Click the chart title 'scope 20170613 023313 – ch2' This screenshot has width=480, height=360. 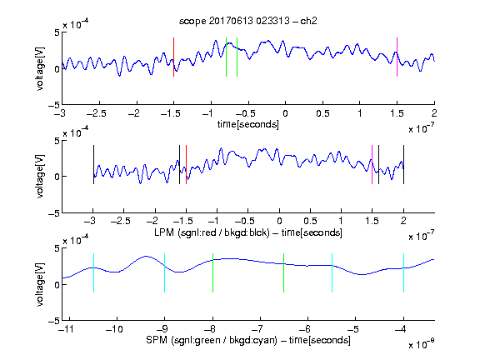(x=247, y=21)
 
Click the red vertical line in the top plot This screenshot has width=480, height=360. (x=173, y=57)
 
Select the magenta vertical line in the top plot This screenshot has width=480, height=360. (x=397, y=57)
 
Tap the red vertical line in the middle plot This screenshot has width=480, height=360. (x=186, y=165)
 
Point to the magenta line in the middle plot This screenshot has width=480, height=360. (x=372, y=165)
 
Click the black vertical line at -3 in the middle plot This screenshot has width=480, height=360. (x=93, y=165)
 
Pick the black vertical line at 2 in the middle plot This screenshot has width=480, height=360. (x=404, y=165)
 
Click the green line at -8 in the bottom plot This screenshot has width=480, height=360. (x=212, y=272)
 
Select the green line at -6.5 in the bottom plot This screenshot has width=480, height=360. (x=284, y=272)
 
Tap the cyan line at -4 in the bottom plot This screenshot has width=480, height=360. (x=404, y=272)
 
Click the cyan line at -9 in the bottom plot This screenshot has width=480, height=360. (x=164, y=272)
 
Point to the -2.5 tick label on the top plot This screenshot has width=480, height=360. (x=97, y=114)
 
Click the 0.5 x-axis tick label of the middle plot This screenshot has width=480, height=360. (x=310, y=221)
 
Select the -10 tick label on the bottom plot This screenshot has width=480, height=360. (x=114, y=329)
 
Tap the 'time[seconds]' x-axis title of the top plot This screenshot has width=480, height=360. (x=248, y=124)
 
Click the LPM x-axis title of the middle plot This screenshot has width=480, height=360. (x=248, y=232)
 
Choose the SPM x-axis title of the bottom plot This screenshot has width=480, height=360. (x=248, y=340)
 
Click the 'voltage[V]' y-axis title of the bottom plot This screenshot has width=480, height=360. (x=40, y=284)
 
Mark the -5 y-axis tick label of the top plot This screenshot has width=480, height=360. (x=54, y=105)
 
